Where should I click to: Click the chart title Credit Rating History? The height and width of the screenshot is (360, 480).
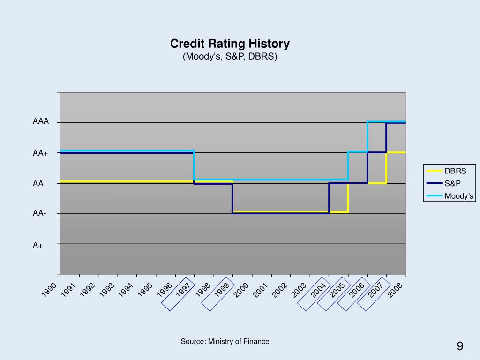[230, 44]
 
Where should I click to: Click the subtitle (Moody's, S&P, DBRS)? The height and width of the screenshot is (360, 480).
[230, 57]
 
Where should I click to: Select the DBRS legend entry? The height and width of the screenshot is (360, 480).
[455, 171]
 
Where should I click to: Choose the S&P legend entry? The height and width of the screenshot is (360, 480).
[453, 183]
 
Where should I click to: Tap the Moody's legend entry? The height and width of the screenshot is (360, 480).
[459, 196]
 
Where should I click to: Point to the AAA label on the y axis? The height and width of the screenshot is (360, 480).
[41, 121]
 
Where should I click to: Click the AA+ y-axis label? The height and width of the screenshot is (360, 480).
[40, 153]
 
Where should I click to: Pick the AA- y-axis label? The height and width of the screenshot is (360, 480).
[39, 214]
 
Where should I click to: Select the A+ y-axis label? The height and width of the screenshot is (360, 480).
[38, 244]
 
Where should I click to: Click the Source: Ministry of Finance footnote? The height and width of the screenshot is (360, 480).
[225, 342]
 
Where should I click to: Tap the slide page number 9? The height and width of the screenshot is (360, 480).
[460, 346]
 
